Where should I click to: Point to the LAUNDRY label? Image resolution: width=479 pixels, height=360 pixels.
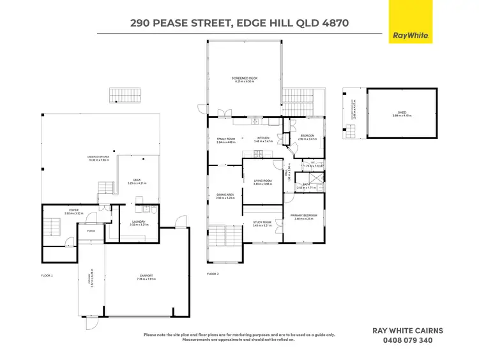[139, 221]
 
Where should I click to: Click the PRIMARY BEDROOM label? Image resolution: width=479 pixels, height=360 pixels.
[303, 215]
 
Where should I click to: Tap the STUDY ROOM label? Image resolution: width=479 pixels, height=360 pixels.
[262, 222]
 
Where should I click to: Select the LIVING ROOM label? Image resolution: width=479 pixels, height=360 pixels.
[262, 181]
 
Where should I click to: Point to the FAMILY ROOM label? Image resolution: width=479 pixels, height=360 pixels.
[226, 139]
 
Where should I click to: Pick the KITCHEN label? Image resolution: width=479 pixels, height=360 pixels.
[264, 139]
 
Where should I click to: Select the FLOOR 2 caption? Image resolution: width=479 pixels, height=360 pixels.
[213, 273]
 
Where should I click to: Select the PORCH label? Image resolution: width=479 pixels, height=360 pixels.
[91, 231]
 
